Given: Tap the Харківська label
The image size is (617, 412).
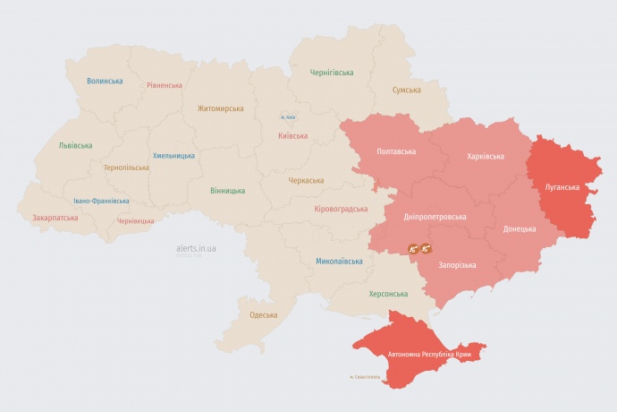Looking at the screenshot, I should pyautogui.click(x=486, y=156).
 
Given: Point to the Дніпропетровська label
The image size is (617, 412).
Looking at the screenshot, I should pyautogui.click(x=435, y=217).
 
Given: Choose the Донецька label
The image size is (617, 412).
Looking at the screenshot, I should pyautogui.click(x=520, y=228).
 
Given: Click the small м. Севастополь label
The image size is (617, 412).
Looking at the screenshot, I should pyautogui.click(x=365, y=377).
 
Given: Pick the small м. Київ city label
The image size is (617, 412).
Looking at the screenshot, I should pyautogui.click(x=288, y=117).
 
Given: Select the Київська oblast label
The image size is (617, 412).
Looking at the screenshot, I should pyautogui.click(x=293, y=136).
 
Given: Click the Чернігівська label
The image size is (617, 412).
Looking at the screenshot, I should pyautogui.click(x=332, y=73).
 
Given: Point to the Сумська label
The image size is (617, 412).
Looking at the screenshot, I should pyautogui.click(x=407, y=90).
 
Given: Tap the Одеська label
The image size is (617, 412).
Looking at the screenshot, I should pyautogui.click(x=263, y=315).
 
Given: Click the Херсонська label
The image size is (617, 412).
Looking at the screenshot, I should pyautogui.click(x=388, y=294).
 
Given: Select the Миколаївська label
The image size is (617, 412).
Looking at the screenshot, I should pyautogui.click(x=340, y=262).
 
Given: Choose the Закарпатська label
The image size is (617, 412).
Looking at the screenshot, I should pyautogui.click(x=55, y=218).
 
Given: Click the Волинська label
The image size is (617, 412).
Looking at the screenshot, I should pyautogui.click(x=105, y=81).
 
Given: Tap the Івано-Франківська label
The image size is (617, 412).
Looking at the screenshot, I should pyautogui.click(x=101, y=202).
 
